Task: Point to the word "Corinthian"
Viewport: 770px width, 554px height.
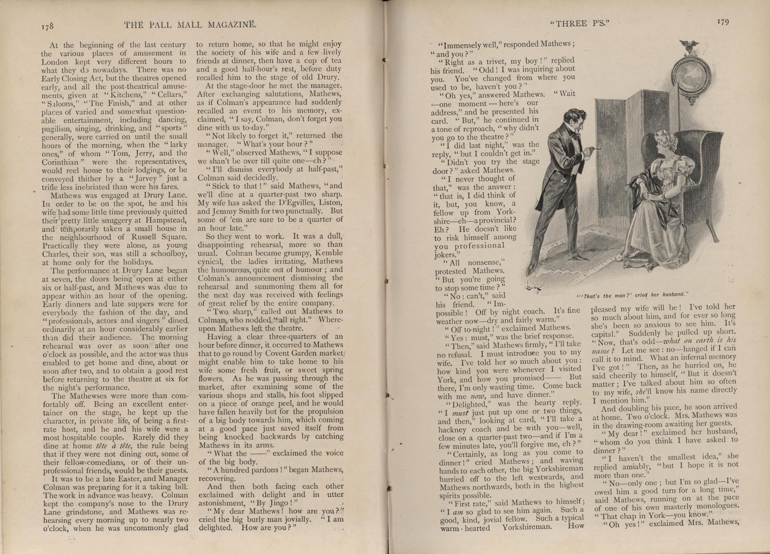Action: coord(60,162)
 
